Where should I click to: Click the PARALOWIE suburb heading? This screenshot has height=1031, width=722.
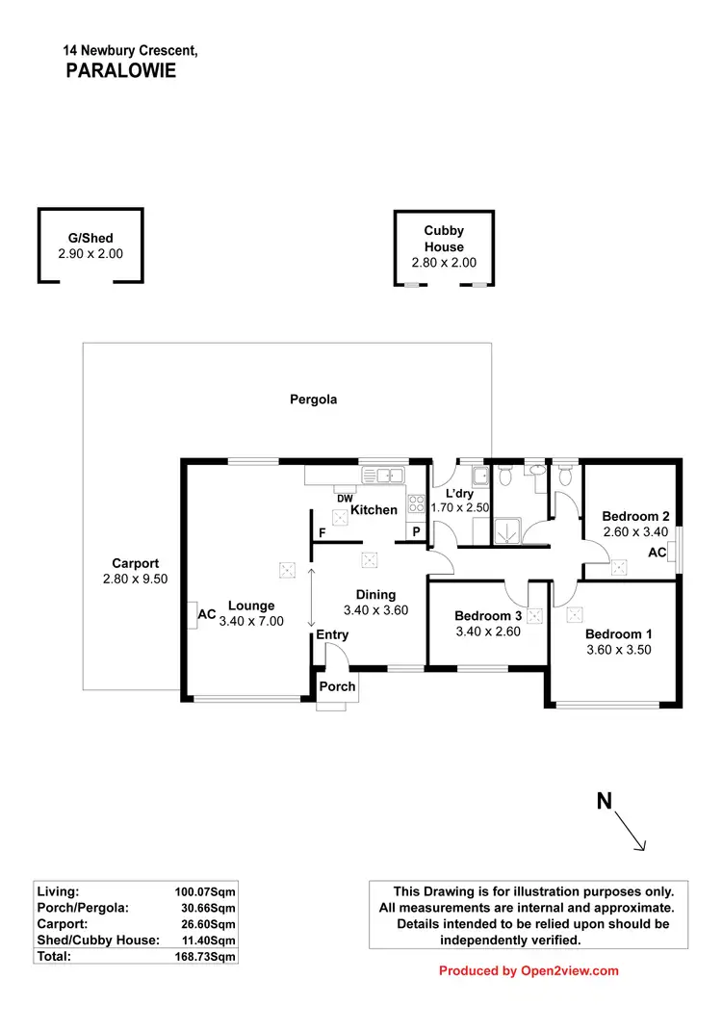pos(120,70)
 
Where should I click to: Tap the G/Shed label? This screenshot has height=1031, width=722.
pos(90,238)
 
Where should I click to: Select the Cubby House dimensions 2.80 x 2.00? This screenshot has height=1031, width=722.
pos(444,263)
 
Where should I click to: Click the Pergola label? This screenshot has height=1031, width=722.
pos(314,399)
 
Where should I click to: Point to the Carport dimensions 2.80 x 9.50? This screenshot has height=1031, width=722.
pos(135,580)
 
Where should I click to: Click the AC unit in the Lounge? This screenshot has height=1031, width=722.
pos(193,614)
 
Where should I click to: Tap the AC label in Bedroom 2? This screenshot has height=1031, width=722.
pos(658,554)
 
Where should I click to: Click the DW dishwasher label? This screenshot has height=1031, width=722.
pos(345,497)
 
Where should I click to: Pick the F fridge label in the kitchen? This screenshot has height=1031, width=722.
pos(322,532)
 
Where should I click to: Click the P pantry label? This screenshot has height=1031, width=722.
pos(417,532)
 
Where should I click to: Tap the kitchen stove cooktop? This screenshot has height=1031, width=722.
pos(418,503)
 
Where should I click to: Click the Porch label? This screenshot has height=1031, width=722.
pos(337,686)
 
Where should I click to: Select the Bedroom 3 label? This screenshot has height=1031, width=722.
pos(488,616)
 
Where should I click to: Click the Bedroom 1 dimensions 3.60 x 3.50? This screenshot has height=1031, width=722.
pos(619,650)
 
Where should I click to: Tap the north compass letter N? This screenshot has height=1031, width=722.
pos(605,801)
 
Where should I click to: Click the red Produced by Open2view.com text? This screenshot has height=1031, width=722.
pos(529,971)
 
